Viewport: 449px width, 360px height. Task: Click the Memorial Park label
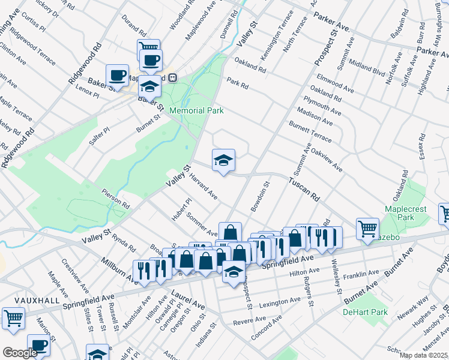(196, 110)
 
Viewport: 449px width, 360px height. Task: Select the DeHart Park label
(365, 312)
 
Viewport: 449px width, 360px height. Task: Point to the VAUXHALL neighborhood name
(21, 300)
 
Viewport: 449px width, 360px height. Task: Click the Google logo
(19, 353)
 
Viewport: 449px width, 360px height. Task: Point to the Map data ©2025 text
(424, 355)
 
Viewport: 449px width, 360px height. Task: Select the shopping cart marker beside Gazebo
(367, 228)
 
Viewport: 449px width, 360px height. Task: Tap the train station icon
(173, 77)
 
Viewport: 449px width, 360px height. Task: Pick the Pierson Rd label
(116, 197)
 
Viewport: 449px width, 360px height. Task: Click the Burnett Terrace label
(310, 130)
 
